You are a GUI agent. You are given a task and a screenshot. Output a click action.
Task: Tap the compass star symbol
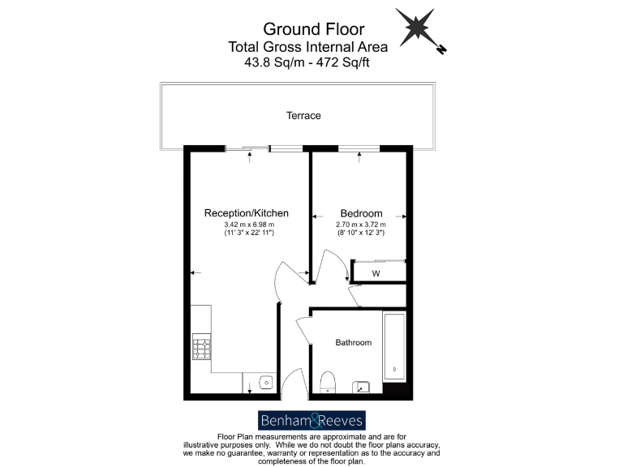[x=415, y=28]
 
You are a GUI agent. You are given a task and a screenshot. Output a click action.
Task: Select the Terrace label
[x=303, y=116]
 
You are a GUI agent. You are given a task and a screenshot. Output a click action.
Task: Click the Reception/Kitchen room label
[x=246, y=213]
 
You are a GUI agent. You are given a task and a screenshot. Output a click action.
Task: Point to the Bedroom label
[x=361, y=213]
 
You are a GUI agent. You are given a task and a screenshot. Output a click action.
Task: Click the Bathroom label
[x=354, y=343]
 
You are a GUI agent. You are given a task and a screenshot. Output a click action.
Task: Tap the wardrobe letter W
[x=376, y=274]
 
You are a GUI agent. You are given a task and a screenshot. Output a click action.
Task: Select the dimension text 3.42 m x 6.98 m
[x=250, y=225]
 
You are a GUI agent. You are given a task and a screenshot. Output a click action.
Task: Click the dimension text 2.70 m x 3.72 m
[x=361, y=225]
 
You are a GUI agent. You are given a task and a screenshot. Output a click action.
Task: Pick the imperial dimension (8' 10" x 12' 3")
[x=361, y=233]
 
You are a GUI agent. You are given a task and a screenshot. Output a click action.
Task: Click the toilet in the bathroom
[x=329, y=381]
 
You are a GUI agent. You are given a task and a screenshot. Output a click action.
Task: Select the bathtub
[x=395, y=347]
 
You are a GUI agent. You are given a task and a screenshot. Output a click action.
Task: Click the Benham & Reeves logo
[x=312, y=420]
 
